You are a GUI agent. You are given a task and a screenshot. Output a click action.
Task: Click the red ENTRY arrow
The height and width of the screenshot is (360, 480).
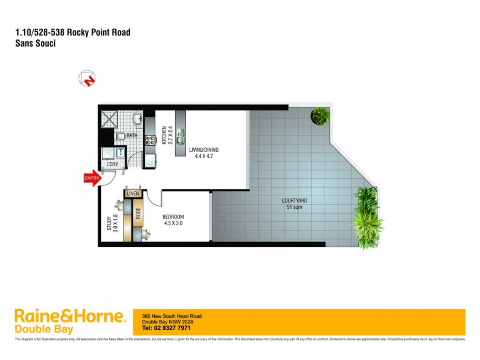click(91, 178)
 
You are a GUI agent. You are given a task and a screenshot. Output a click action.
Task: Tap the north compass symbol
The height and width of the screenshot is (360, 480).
click(87, 79)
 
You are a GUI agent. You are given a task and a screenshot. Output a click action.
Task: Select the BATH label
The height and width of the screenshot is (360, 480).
click(131, 136)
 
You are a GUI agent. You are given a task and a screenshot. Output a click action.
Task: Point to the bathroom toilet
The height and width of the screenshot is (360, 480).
click(119, 137)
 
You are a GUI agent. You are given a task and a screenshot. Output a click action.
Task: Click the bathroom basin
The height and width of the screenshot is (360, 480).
click(137, 117)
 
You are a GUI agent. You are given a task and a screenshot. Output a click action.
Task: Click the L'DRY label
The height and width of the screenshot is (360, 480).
click(112, 164)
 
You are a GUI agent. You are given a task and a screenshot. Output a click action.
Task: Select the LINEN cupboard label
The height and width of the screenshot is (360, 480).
click(133, 193)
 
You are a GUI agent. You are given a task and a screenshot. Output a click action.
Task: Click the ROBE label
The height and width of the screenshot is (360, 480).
click(137, 214)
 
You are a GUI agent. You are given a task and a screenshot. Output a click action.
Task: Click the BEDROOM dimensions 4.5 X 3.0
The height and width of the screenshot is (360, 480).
click(173, 223)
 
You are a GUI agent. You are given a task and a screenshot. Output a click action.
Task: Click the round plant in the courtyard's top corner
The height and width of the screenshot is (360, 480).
click(320, 115)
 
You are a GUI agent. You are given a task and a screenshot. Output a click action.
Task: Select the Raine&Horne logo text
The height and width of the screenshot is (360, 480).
click(69, 316)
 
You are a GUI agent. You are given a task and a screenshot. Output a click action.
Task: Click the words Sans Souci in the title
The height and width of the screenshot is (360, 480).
click(35, 44)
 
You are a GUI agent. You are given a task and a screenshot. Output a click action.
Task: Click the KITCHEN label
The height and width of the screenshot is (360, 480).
click(163, 136)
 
